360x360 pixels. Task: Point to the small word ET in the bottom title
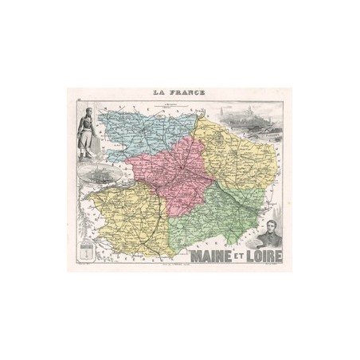(236, 253)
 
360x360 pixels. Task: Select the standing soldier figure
(87, 131)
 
